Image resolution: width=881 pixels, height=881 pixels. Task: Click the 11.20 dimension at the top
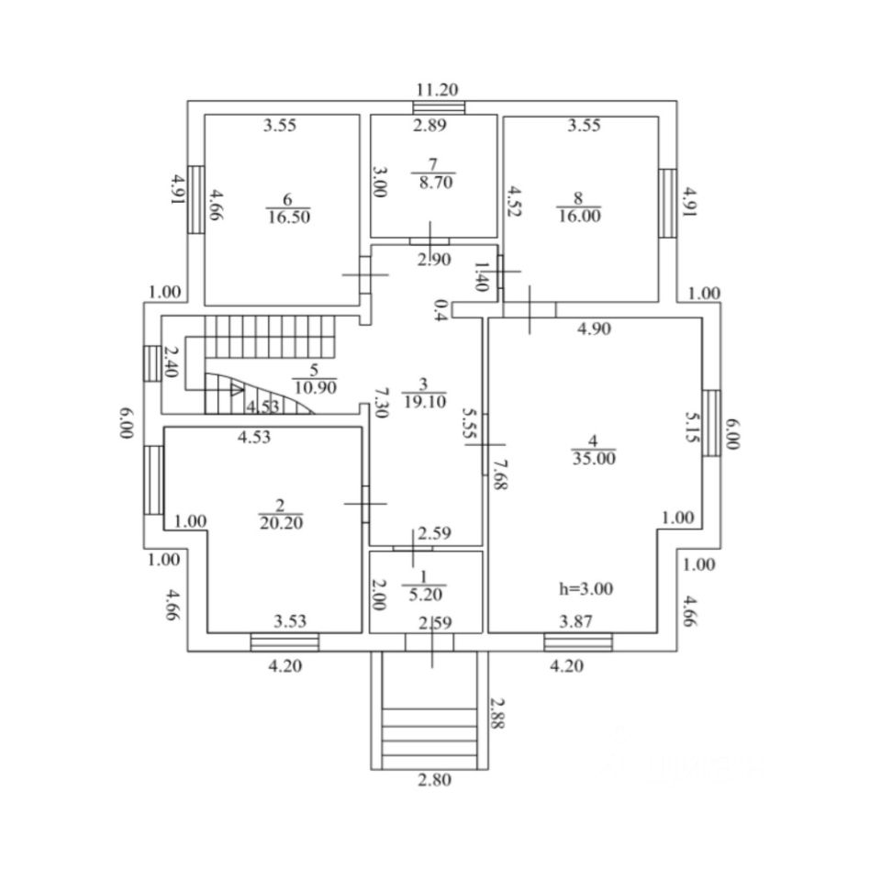pos(437,90)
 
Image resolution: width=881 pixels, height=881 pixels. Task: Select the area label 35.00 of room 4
pos(594,459)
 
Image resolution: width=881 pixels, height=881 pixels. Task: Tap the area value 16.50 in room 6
pos(289,217)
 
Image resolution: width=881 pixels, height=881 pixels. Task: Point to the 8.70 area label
pos(436,183)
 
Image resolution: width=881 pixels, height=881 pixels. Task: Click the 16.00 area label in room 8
pos(579,216)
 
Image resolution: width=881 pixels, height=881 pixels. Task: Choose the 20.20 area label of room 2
pos(281,523)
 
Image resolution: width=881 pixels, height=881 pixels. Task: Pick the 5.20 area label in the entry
pos(425,595)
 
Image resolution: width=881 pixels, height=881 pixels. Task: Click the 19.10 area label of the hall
pos(424,402)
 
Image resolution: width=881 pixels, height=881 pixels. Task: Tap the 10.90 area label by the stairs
pos(315,387)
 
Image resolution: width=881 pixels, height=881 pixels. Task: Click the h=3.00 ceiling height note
pos(585,589)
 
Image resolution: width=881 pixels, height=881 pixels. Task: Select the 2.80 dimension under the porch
pos(434,780)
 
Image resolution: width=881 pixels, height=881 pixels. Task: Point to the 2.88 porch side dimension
pos(497,713)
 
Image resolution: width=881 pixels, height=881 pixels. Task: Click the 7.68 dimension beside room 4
pos(500,474)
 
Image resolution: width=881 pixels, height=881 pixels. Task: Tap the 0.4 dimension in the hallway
pos(441,309)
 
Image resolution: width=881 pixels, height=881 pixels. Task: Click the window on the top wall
pos(439,107)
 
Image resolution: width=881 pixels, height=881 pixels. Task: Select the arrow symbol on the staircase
pos(237,389)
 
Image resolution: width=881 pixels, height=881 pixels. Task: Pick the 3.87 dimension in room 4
pos(576,621)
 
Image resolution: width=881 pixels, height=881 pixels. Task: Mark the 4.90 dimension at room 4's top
pos(594,329)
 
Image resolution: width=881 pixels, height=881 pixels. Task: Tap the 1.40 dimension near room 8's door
pos(481,276)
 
